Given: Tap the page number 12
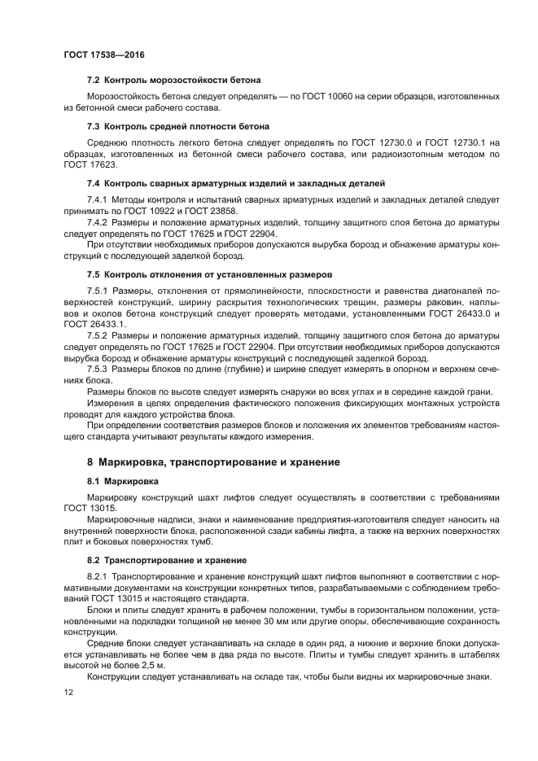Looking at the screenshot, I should pos(68,692).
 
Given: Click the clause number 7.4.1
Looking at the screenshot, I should pos(100,199).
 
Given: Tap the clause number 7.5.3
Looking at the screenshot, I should pos(100,369).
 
